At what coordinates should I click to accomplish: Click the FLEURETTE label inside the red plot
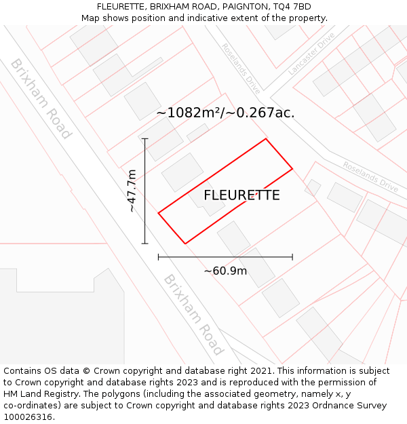coord(241,195)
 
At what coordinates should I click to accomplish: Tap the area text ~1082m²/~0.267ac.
coord(225,113)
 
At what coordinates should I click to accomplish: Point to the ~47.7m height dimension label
coord(132,191)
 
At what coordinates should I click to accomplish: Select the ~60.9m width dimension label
coord(225,271)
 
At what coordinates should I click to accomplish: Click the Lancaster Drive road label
coord(311,53)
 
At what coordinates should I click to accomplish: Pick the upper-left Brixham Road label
coord(41,98)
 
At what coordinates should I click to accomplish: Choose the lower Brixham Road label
coord(193,315)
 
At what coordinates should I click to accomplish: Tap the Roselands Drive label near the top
coord(241,68)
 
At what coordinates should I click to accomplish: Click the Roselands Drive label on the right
coord(370,176)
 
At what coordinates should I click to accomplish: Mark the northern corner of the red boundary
coord(265,139)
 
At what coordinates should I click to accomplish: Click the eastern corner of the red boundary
coord(292,168)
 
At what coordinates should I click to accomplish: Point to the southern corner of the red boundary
coord(185,244)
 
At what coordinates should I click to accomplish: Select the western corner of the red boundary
coord(158,213)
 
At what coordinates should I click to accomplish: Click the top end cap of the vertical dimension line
coord(144,138)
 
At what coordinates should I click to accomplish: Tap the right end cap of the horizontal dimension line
coord(292,257)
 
